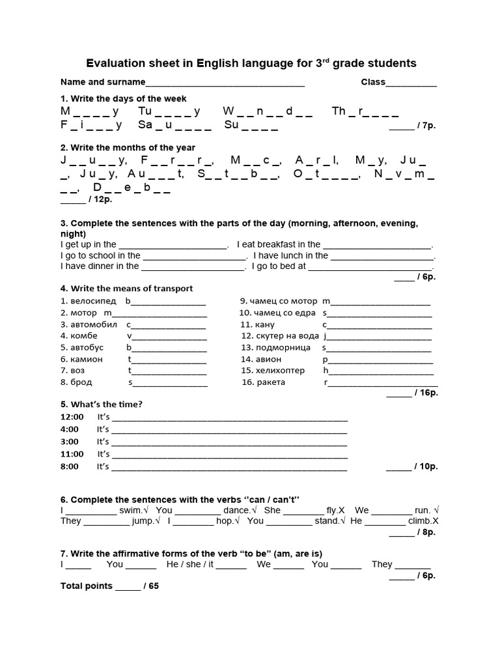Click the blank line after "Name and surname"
(x=225, y=83)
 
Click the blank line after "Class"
(x=411, y=83)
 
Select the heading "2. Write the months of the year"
(x=128, y=148)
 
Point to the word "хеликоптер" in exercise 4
(x=279, y=371)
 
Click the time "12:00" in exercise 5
(x=72, y=417)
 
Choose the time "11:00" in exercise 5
(x=72, y=454)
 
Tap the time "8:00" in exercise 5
(x=70, y=466)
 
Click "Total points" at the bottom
(x=87, y=586)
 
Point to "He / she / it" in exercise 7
(x=189, y=564)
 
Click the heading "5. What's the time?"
(x=101, y=404)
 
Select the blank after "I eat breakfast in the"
(x=378, y=245)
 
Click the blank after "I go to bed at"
(x=370, y=266)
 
